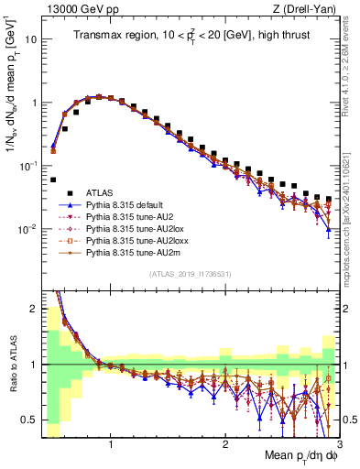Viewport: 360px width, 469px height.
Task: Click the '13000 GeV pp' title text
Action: point(76,8)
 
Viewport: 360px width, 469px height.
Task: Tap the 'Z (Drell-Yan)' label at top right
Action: point(305,8)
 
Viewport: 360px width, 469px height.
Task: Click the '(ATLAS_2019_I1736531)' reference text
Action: point(191,275)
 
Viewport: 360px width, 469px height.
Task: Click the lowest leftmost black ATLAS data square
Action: point(53,180)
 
